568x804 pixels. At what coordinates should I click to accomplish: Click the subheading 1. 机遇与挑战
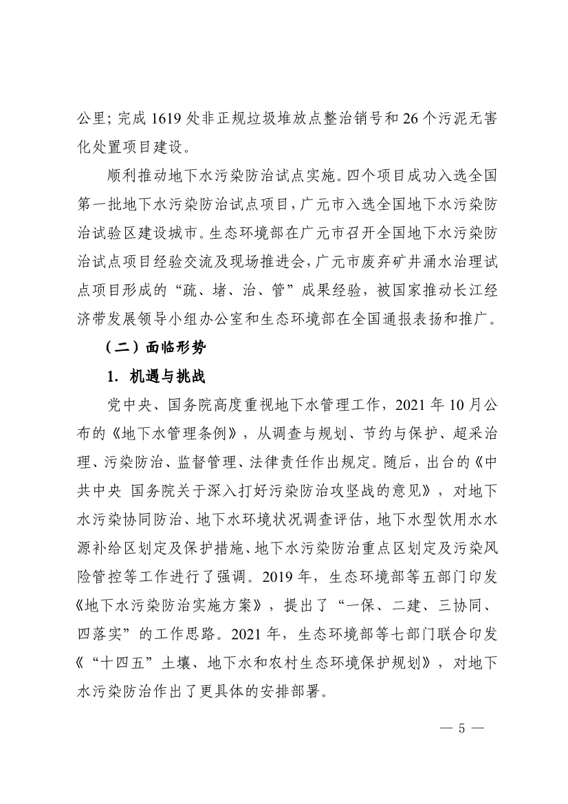pyautogui.click(x=153, y=377)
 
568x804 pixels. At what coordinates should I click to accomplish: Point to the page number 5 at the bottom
pyautogui.click(x=462, y=728)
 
